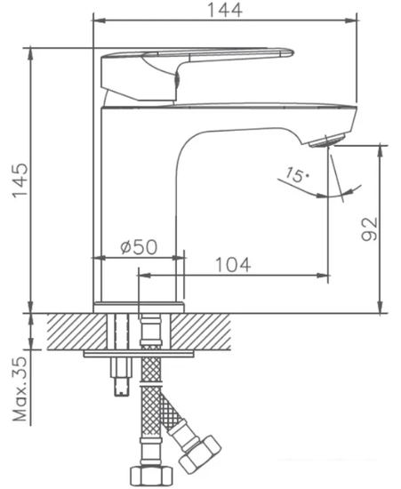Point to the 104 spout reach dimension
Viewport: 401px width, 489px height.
[x=232, y=264]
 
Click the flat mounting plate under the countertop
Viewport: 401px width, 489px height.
[x=139, y=354]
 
